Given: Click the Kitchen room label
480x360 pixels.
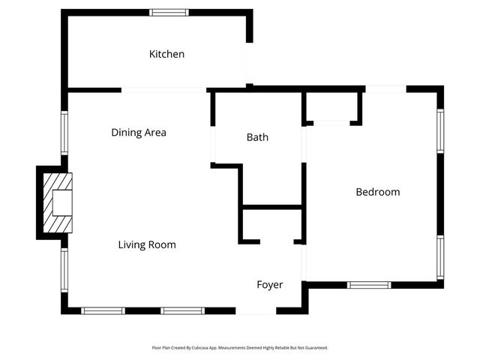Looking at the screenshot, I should [166, 54].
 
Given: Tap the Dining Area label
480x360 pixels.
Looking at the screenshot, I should [139, 133].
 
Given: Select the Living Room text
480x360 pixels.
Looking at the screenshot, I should [147, 244].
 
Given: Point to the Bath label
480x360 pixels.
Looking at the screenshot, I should [257, 137].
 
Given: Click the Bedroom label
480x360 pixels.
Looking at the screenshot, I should [377, 192].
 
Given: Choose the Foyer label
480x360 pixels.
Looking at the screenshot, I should [269, 285].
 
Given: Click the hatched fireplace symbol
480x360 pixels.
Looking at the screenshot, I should [58, 202].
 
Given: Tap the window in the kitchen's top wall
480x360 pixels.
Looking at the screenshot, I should [169, 13].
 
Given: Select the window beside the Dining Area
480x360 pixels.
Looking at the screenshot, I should [64, 133].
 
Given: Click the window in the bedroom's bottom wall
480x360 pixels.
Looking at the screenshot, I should [369, 285].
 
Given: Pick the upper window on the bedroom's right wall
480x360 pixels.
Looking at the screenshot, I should [440, 132].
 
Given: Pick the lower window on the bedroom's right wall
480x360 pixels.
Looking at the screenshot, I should [440, 257].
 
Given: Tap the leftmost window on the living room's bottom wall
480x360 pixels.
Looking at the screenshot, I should [103, 310].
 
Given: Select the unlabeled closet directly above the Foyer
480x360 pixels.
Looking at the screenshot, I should [271, 225].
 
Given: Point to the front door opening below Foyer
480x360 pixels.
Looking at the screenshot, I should [257, 310].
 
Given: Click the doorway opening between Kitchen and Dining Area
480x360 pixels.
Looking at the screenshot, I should [163, 90].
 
